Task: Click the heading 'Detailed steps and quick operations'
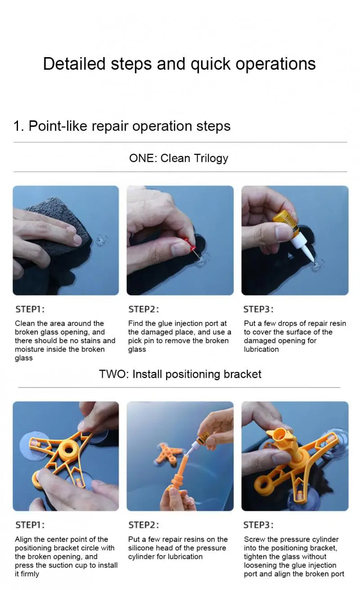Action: (179, 64)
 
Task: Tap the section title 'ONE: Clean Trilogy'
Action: (179, 158)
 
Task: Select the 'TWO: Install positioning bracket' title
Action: (180, 374)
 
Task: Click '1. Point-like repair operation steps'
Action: (122, 126)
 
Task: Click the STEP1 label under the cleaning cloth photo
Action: (30, 309)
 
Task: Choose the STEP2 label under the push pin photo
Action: (144, 309)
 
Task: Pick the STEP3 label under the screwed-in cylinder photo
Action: (258, 525)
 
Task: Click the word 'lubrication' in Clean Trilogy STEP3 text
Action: (261, 349)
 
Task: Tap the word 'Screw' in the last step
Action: (254, 539)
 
